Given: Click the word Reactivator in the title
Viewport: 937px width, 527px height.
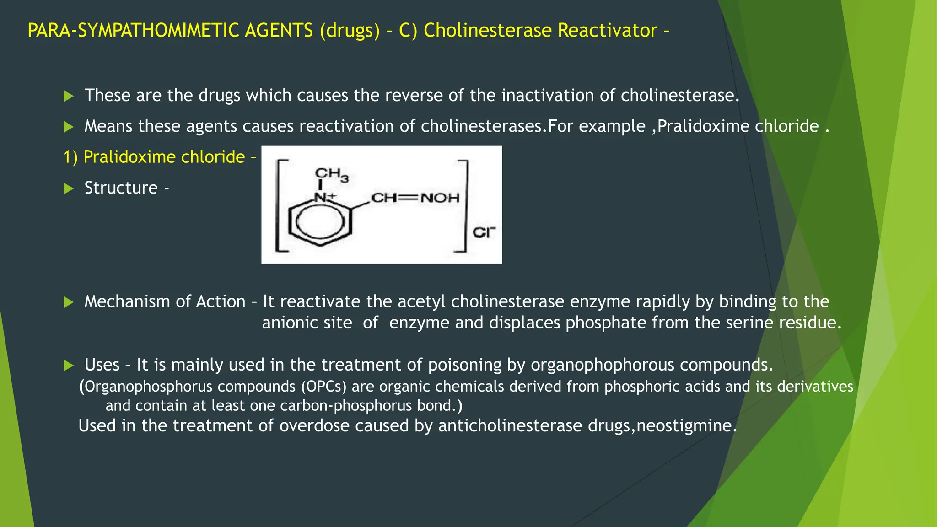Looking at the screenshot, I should (x=608, y=31).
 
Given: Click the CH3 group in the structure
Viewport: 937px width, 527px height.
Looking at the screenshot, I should (x=331, y=174).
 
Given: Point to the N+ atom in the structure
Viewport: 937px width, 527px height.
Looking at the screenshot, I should (x=324, y=198).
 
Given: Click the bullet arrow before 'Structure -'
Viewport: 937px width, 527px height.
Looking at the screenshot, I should (x=69, y=188).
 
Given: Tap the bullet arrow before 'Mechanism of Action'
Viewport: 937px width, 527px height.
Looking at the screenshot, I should (x=69, y=302).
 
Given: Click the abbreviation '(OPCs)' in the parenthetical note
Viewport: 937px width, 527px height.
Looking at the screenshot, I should (x=323, y=387).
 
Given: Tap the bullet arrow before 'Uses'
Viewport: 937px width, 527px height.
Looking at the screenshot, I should (x=69, y=366).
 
